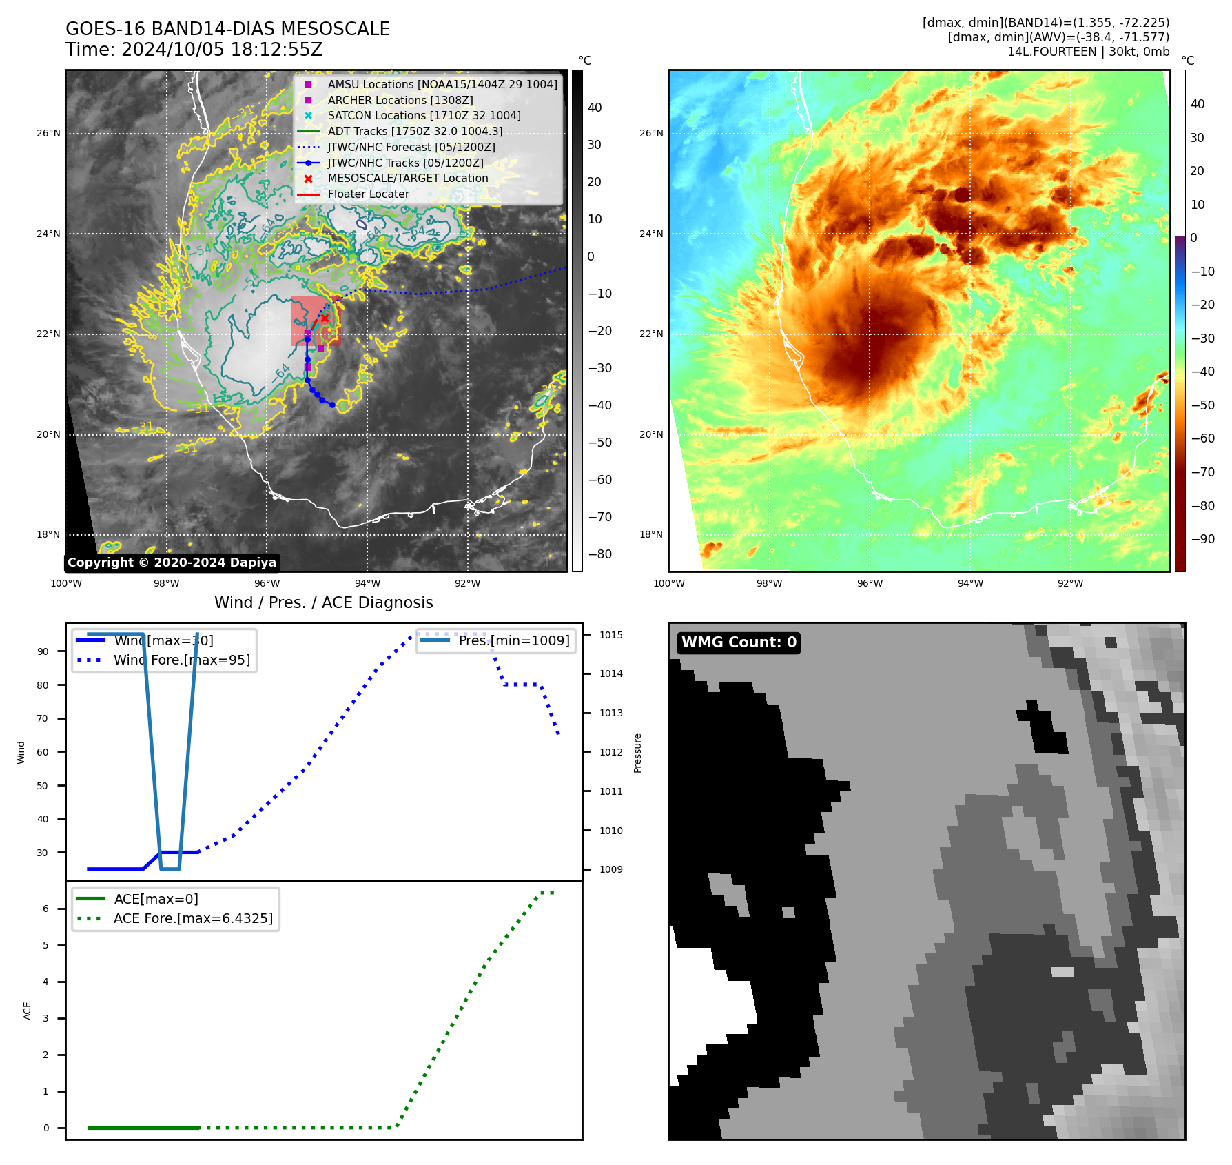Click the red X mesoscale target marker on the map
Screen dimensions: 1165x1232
click(x=325, y=318)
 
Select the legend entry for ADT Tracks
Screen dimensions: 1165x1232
click(x=415, y=131)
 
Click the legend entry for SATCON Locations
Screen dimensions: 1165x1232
click(x=424, y=116)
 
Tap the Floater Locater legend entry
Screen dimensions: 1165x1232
click(x=368, y=194)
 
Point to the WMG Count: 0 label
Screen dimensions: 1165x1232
click(x=739, y=642)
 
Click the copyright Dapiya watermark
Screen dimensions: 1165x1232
click(x=172, y=563)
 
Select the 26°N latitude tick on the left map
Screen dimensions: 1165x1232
click(x=49, y=134)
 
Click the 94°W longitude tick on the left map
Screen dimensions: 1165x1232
click(x=367, y=584)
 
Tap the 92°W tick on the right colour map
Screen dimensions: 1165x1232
click(x=1070, y=584)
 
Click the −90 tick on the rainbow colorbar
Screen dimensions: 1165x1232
click(x=1202, y=539)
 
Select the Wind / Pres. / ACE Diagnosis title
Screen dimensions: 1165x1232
click(x=324, y=602)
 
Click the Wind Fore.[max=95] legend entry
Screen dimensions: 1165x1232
click(x=182, y=660)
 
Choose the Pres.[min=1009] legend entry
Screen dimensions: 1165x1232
click(x=514, y=641)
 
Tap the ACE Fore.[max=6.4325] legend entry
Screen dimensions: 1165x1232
click(x=193, y=919)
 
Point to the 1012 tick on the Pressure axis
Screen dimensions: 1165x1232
click(x=610, y=752)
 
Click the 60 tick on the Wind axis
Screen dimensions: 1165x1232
click(x=43, y=752)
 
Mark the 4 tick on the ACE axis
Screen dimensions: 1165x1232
click(x=46, y=982)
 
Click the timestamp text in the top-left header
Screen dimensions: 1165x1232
click(x=194, y=50)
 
